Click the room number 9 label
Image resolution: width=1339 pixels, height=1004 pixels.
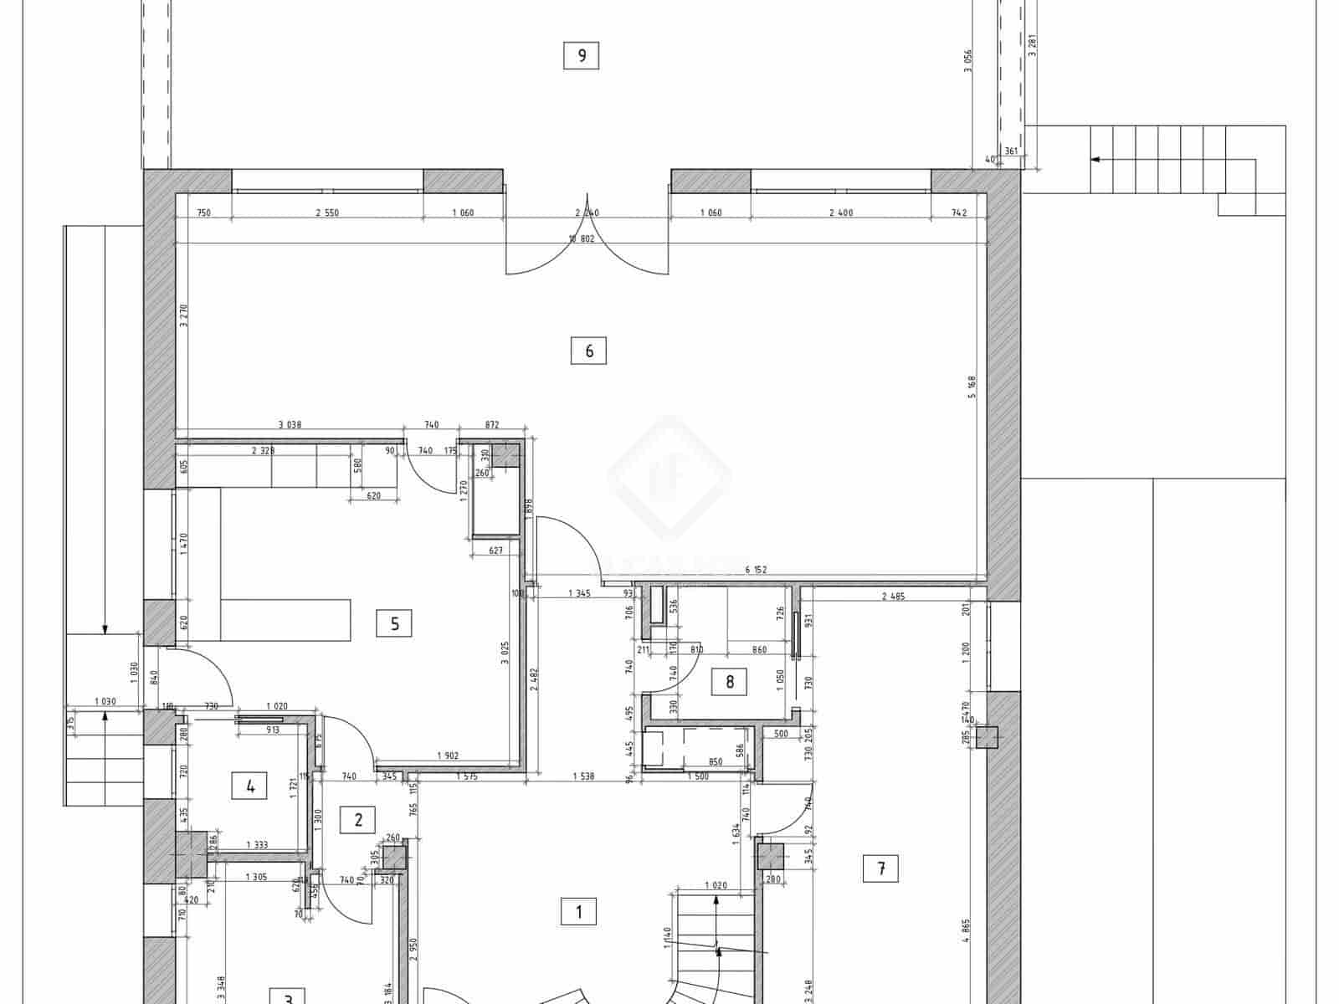click(x=582, y=56)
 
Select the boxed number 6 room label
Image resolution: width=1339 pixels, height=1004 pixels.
click(x=589, y=351)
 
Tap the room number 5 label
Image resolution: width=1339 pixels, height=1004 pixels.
click(x=394, y=623)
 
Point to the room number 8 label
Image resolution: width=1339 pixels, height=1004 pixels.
click(x=730, y=682)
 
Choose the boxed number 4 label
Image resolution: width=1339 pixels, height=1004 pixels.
click(x=250, y=786)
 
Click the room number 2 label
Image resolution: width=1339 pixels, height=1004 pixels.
click(x=358, y=819)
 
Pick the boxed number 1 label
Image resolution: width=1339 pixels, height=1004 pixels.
click(x=578, y=911)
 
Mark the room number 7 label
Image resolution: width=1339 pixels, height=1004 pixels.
click(x=880, y=869)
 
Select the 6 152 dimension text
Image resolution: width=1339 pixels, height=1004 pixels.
click(x=757, y=571)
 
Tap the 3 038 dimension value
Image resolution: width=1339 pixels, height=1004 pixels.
click(x=288, y=425)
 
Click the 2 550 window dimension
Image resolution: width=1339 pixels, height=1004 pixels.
click(x=327, y=213)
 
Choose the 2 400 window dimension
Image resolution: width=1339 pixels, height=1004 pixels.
click(x=840, y=213)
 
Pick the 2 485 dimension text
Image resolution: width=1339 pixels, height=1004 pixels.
click(x=894, y=597)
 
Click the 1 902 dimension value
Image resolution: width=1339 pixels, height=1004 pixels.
click(x=448, y=756)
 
